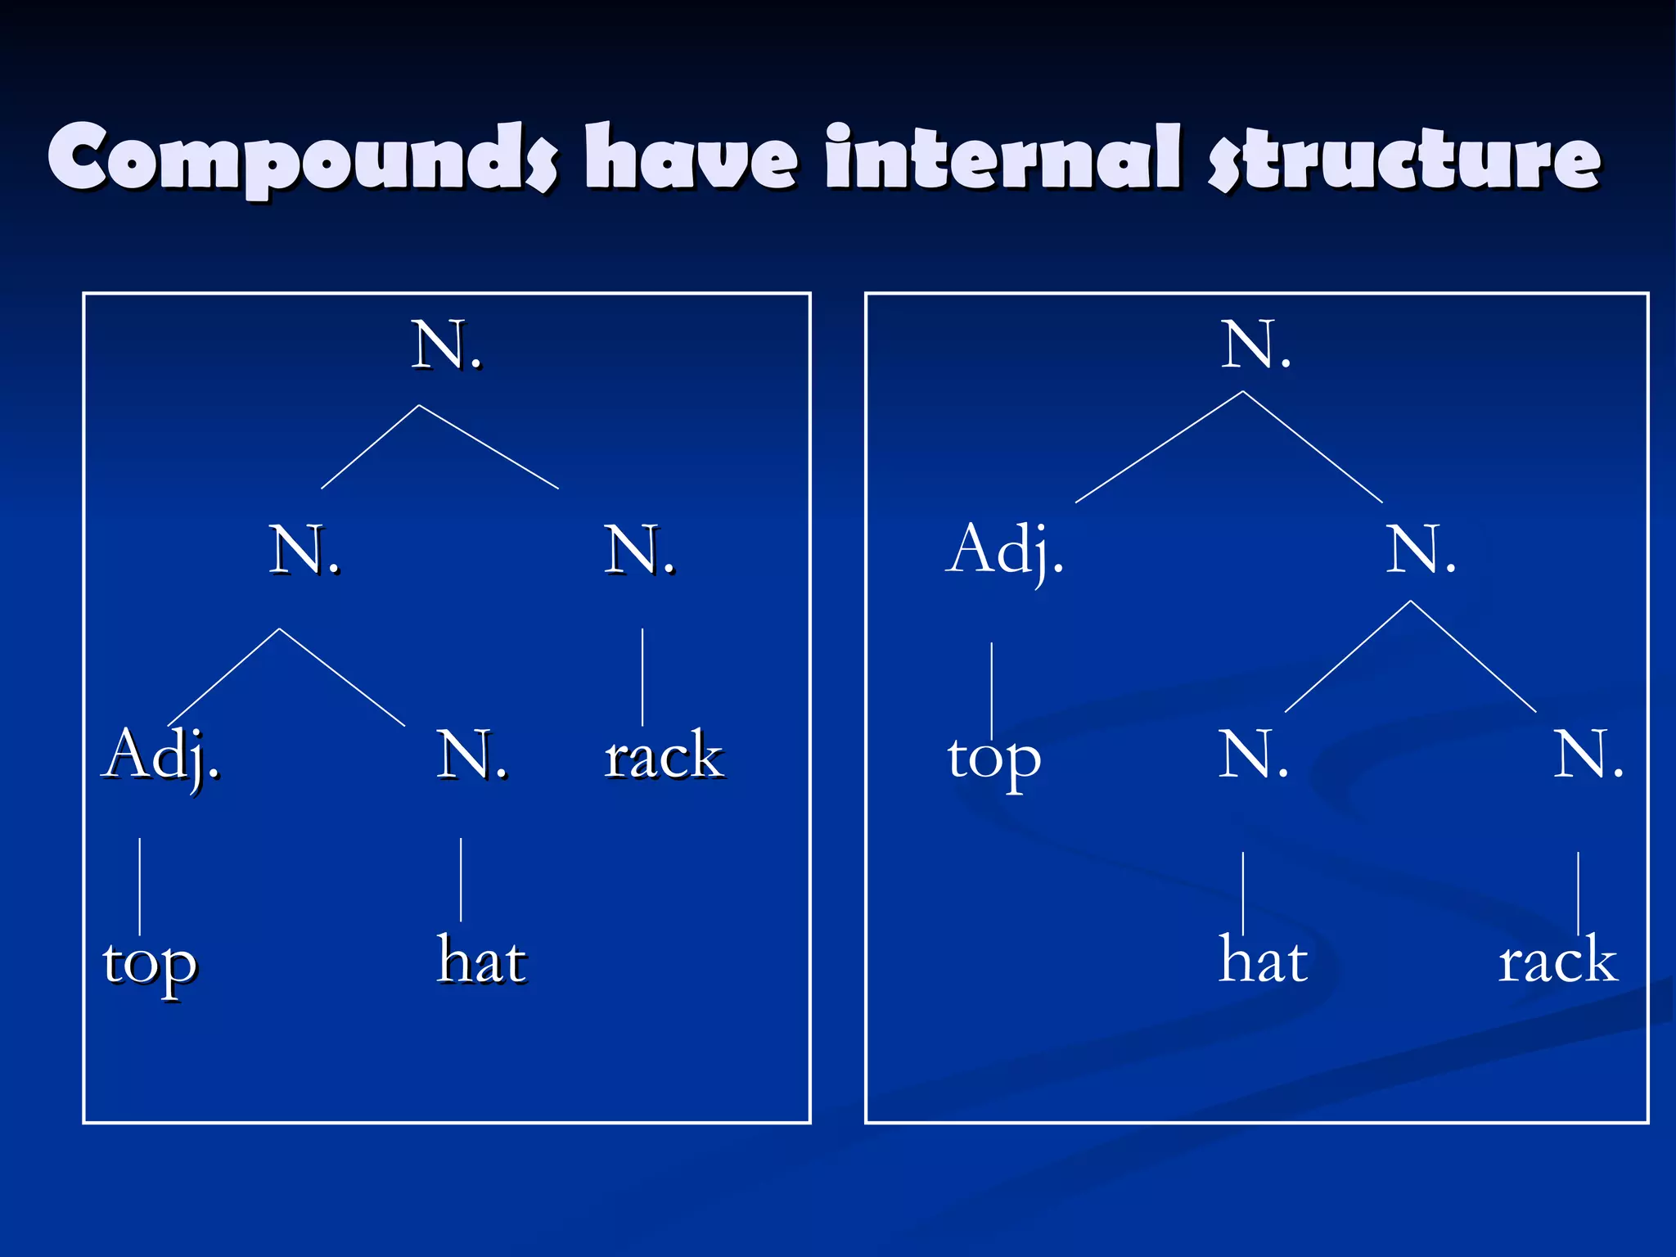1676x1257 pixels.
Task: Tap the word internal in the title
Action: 1002,156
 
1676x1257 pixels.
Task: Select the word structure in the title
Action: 1404,158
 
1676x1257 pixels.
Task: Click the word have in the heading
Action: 691,156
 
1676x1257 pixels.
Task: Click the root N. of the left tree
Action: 446,345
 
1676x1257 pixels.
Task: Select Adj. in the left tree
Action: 161,755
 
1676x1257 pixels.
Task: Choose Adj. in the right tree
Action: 1005,550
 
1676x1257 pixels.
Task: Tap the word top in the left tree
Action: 150,964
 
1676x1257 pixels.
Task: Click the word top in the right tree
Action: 994,758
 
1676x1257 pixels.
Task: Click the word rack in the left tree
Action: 664,755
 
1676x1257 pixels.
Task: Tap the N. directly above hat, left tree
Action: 471,755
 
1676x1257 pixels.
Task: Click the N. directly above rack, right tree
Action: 1588,755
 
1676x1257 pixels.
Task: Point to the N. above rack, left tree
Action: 639,550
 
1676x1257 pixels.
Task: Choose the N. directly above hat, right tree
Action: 1253,755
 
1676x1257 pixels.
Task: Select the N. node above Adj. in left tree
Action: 304,550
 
